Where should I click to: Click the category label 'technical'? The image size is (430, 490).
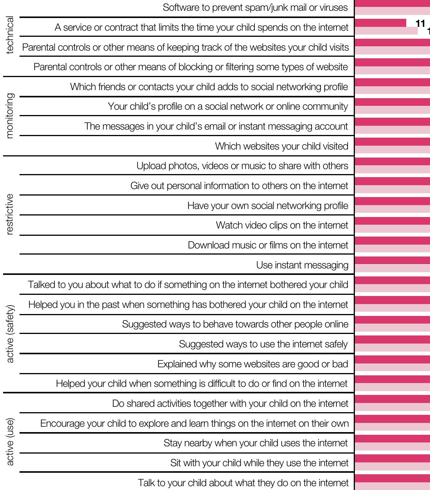tap(10, 35)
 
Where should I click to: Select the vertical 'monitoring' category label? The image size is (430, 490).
tap(10, 115)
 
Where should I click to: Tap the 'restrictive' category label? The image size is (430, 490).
tap(10, 214)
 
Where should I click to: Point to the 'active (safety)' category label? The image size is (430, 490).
tap(10, 334)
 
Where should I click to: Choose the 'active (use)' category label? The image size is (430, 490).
tap(10, 442)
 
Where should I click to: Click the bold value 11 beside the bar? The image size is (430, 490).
tap(420, 24)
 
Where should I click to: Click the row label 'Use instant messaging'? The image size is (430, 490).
tap(302, 265)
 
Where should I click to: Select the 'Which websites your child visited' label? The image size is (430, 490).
tap(281, 146)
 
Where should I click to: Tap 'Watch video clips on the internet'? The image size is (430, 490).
tap(282, 225)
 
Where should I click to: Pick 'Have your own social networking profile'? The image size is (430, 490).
tap(268, 206)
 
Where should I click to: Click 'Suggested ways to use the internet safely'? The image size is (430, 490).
tap(263, 344)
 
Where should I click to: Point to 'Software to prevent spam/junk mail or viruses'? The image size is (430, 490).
tap(255, 7)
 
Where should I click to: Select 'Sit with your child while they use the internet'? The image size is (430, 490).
tap(259, 463)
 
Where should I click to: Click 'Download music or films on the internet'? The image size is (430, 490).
tap(268, 245)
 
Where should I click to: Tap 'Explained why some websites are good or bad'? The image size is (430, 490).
tap(253, 364)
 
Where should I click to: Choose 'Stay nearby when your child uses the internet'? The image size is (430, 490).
tap(256, 443)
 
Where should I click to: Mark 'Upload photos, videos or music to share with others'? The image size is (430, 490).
tap(242, 166)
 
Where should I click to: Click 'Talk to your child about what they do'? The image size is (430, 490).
tap(243, 483)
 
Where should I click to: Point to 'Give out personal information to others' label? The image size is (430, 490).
tap(239, 186)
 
